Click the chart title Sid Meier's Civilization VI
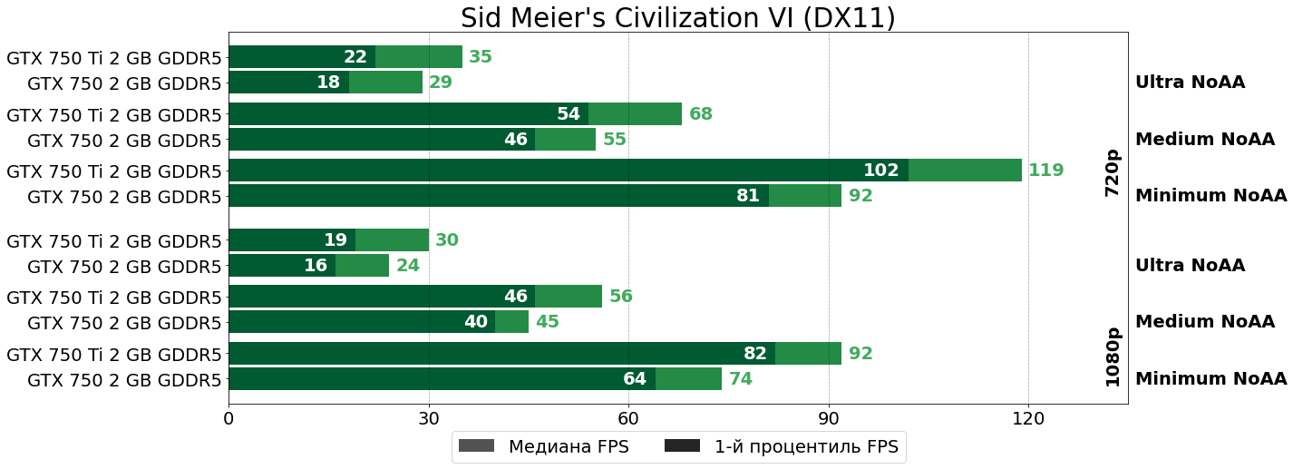coord(677,18)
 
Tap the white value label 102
coord(880,171)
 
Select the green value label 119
coord(1045,171)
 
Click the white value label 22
coord(355,57)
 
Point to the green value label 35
coord(481,57)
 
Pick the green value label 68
coord(701,114)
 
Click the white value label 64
coord(635,379)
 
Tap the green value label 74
coord(741,379)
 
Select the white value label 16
coord(316,266)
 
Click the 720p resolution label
coord(1113,172)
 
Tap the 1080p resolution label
coord(1113,357)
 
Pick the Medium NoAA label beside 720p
coord(1204,140)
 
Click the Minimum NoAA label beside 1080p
coord(1210,379)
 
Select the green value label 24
coord(408,266)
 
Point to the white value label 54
coord(569,114)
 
